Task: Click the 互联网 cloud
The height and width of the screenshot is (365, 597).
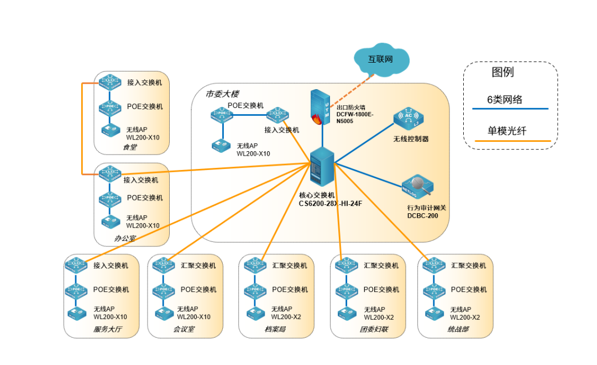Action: (381, 59)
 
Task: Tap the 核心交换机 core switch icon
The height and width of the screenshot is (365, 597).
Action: (321, 168)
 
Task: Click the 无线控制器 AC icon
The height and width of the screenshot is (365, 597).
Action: (409, 119)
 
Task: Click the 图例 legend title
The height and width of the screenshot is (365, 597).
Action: (502, 72)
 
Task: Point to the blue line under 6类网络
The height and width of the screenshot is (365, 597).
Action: (510, 109)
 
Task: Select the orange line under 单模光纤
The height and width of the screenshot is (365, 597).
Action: (510, 141)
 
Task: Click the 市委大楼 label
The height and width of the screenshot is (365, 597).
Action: (222, 94)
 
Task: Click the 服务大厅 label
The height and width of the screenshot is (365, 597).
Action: (107, 330)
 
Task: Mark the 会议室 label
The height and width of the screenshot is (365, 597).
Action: (184, 330)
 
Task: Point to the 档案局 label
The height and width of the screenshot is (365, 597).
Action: (275, 330)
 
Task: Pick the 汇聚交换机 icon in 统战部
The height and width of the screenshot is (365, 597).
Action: (434, 266)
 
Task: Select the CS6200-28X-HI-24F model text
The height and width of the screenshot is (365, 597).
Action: (331, 203)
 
